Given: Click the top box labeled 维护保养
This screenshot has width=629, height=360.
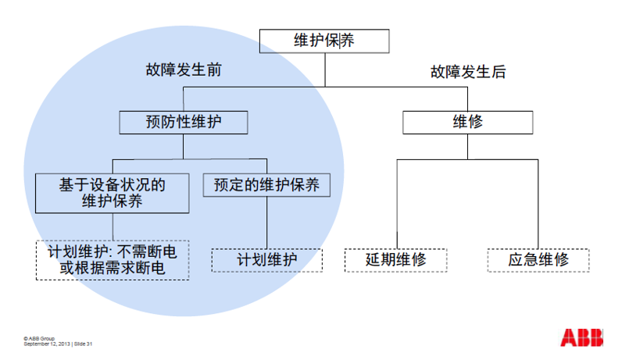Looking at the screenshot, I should [x=323, y=41].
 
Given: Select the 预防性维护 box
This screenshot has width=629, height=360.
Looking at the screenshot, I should [x=184, y=123].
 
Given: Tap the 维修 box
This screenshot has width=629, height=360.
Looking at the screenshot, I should [x=468, y=123].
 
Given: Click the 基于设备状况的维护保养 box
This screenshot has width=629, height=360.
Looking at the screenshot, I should [x=113, y=193].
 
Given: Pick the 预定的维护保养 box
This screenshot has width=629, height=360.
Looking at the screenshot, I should [x=267, y=185].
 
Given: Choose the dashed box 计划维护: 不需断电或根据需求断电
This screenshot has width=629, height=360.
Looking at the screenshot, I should [x=113, y=260].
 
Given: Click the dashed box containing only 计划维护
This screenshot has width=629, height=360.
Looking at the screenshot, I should [x=267, y=260].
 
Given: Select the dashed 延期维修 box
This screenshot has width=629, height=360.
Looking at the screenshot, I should [x=396, y=260].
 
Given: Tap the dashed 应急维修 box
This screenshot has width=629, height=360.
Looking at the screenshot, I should [x=538, y=260].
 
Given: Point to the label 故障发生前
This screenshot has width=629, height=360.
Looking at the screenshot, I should [x=184, y=70].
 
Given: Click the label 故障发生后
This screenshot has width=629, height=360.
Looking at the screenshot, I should [x=468, y=73].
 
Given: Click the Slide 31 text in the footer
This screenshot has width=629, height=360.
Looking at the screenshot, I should [x=84, y=344].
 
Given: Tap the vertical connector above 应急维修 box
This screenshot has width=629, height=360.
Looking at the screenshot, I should [x=538, y=203].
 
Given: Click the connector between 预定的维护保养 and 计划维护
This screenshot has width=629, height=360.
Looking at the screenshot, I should [x=267, y=223].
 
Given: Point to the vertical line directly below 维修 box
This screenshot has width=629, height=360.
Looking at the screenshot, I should [x=468, y=146].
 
